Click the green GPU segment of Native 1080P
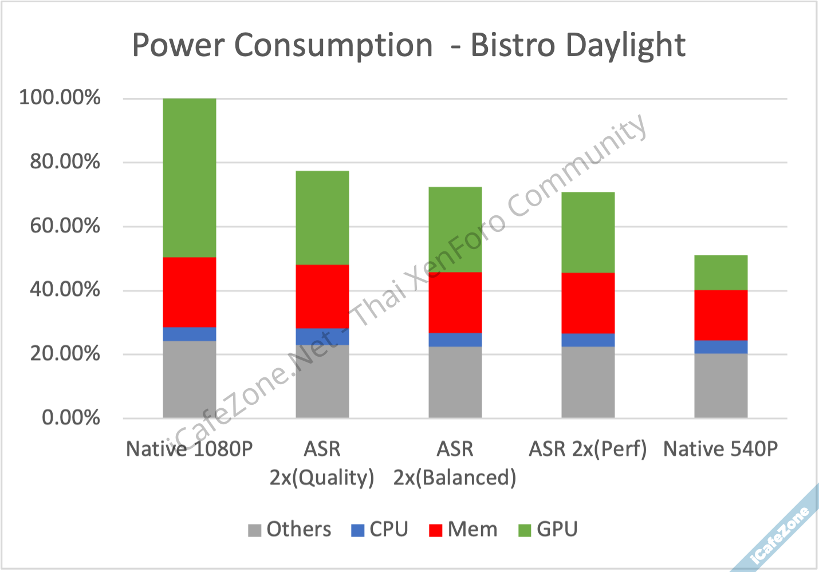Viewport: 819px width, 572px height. [x=190, y=177]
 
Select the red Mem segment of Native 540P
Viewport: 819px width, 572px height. [x=720, y=315]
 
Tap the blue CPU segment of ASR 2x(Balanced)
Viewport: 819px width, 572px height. [x=455, y=340]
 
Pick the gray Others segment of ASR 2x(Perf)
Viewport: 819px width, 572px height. [x=588, y=382]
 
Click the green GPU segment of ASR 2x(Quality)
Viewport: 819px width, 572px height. [x=322, y=218]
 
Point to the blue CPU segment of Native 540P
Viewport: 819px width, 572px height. [x=720, y=347]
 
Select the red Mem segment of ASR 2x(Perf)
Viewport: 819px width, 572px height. [x=588, y=303]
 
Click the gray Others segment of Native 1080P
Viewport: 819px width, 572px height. [x=190, y=379]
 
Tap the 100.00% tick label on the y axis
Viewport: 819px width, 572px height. [x=60, y=97]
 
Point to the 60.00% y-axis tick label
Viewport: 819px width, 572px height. [x=65, y=226]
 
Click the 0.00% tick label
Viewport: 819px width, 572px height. [x=70, y=417]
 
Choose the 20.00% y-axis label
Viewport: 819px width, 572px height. [x=65, y=354]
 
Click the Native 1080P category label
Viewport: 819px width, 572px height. [x=189, y=449]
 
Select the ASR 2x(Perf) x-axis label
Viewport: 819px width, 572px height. [x=588, y=449]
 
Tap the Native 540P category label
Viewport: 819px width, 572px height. [x=720, y=449]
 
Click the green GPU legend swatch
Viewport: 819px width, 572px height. [x=525, y=530]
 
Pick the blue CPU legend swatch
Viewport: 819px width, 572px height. [x=357, y=530]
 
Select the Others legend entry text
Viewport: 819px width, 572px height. [x=298, y=529]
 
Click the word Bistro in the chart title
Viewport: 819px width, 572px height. [x=513, y=45]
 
